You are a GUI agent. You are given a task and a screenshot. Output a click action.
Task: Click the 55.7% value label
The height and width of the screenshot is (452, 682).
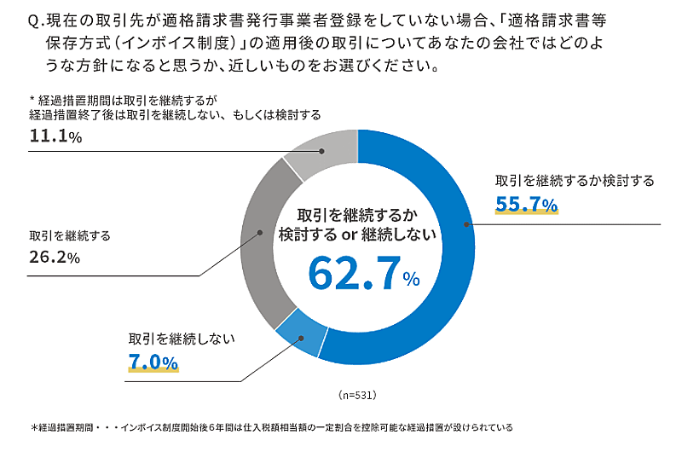coord(526,204)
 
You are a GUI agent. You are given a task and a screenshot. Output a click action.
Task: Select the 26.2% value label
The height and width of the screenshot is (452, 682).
coord(54,257)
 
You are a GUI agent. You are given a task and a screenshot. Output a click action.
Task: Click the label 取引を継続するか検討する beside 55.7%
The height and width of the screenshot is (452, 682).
coord(575,181)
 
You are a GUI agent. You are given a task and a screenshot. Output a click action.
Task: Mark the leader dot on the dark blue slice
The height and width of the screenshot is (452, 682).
coord(465,224)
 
